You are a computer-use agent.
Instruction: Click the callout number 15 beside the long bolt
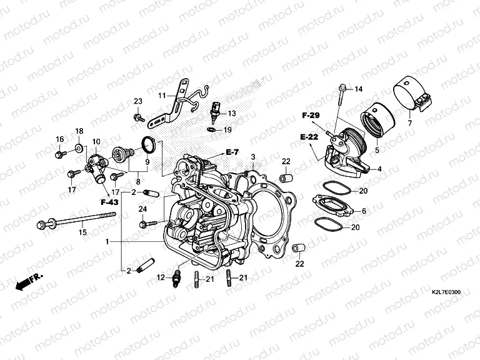(81, 233)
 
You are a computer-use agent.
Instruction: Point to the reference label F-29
(311, 116)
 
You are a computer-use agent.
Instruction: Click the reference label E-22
(309, 137)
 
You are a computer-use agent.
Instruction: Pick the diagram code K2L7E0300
(446, 292)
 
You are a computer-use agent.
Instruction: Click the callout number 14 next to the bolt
(358, 89)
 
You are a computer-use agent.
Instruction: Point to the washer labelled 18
(79, 147)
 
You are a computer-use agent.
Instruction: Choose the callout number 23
(138, 101)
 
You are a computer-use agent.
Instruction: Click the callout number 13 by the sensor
(232, 114)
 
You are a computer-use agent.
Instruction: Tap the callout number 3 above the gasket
(253, 156)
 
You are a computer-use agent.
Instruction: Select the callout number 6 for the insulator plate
(363, 211)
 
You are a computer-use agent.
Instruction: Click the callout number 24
(142, 209)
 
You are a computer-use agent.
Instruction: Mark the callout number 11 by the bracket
(161, 95)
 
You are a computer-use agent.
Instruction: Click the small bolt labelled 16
(59, 151)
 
